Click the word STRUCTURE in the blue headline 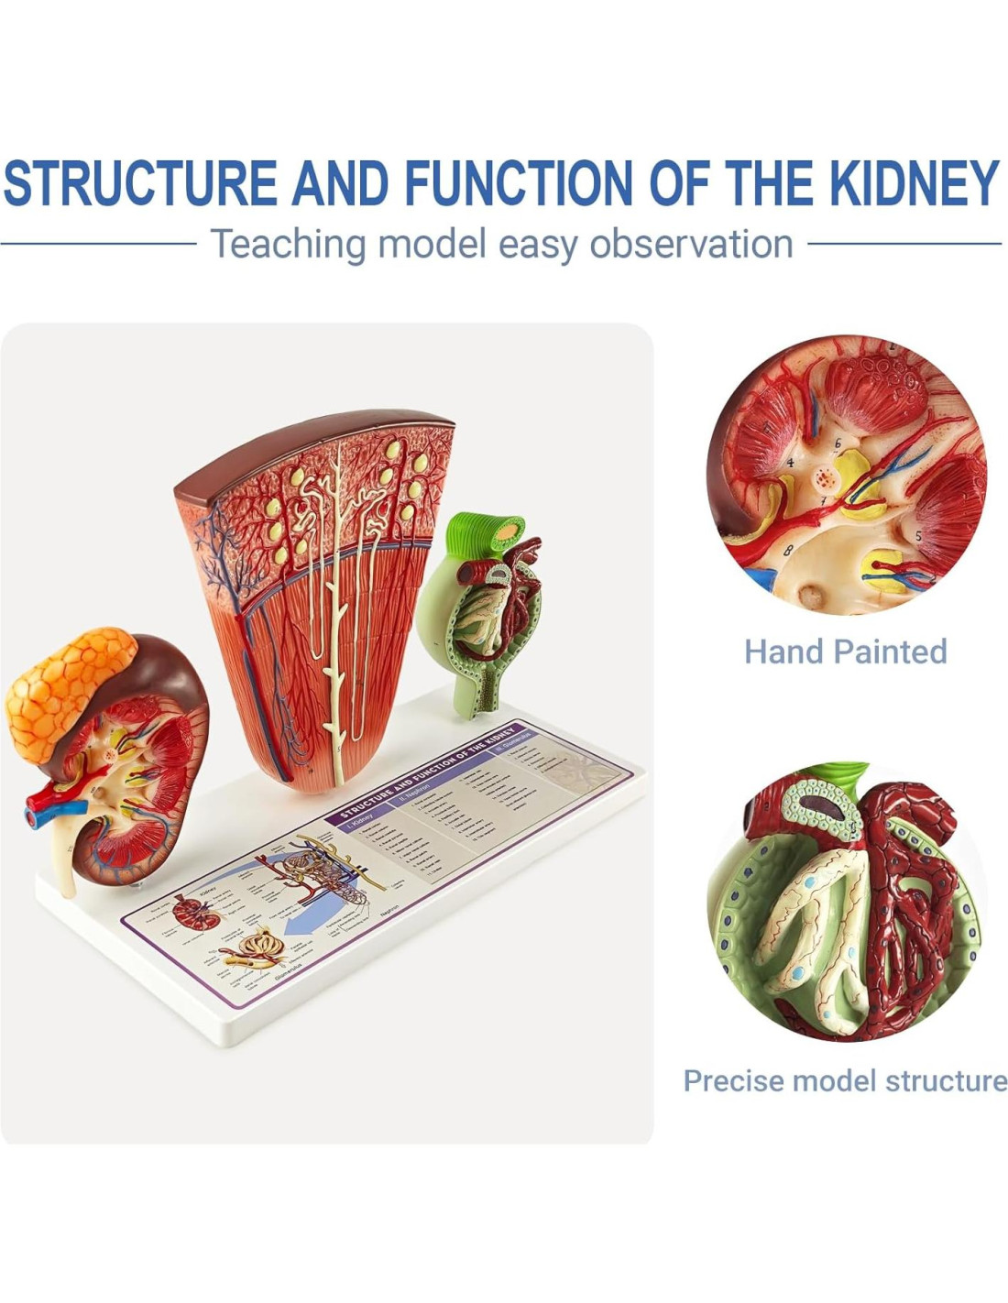(139, 182)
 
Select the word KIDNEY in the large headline (914, 182)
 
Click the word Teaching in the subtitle (288, 245)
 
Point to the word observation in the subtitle (691, 245)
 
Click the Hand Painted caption (845, 651)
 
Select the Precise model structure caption (845, 1080)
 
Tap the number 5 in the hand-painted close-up (918, 535)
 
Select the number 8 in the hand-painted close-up (787, 551)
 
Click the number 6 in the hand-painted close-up (837, 443)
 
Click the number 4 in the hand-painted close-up (790, 463)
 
